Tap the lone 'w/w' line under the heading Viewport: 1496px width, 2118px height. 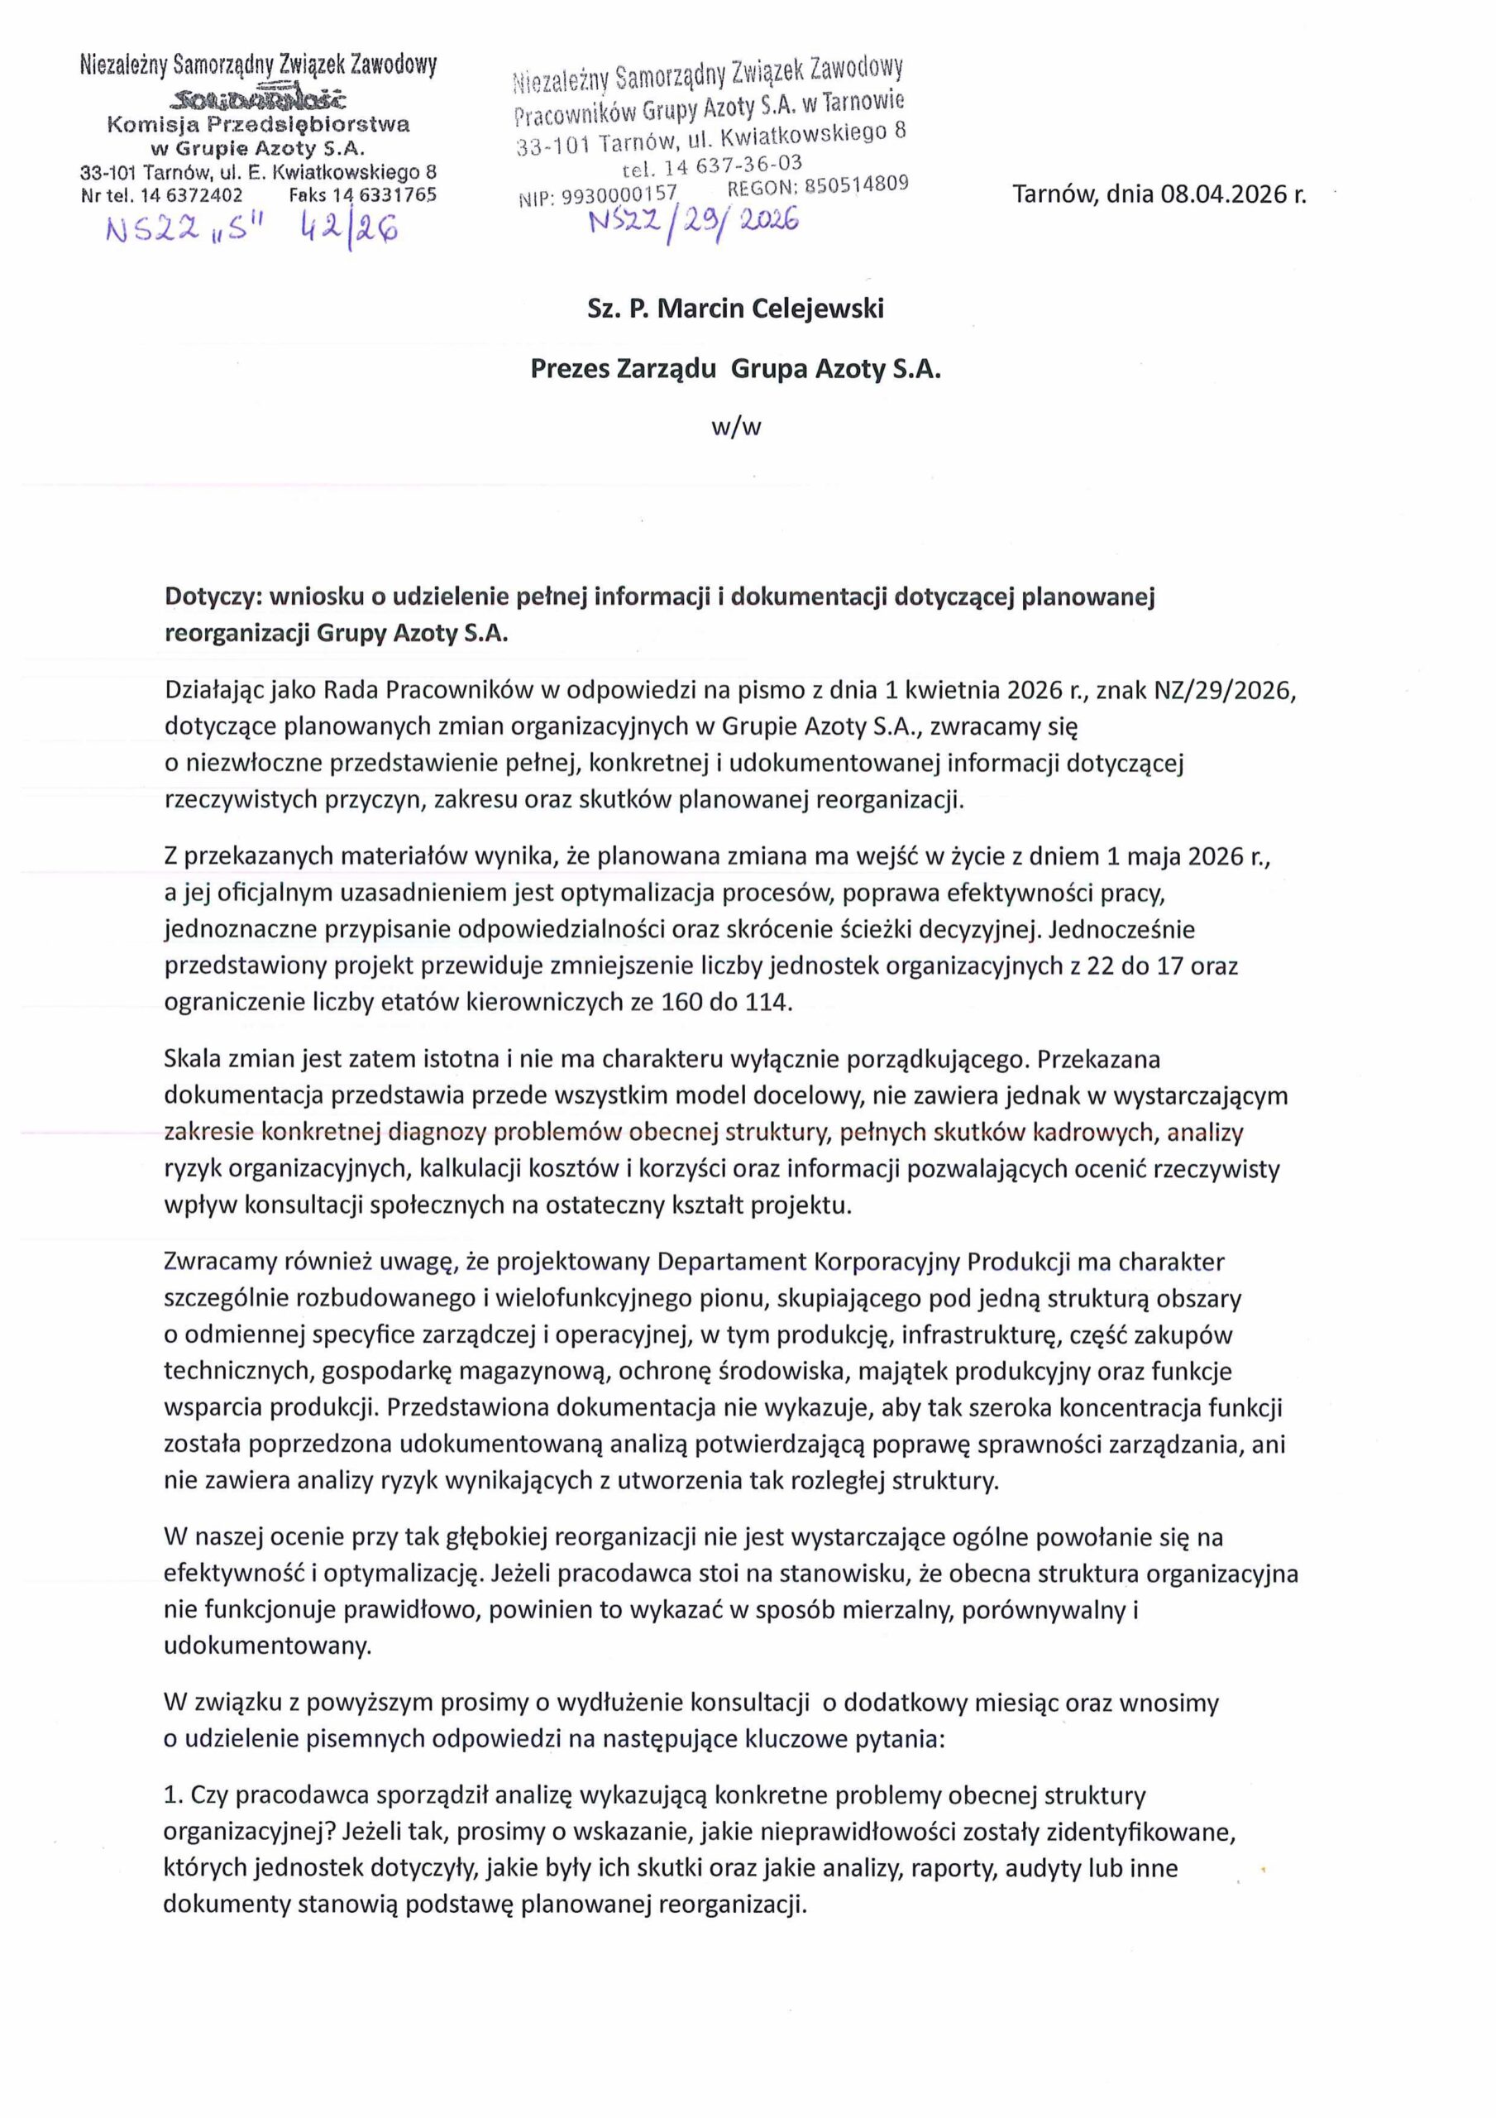point(735,428)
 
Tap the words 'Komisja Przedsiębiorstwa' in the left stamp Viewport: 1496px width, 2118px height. point(258,125)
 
